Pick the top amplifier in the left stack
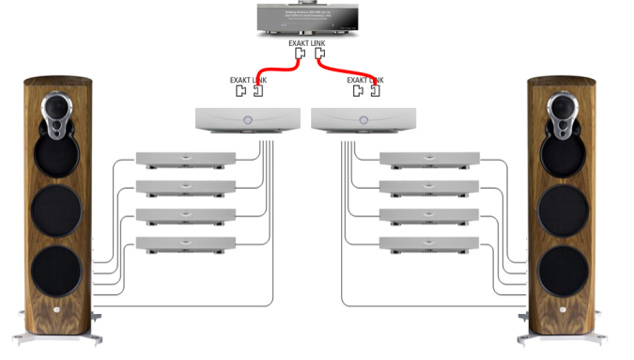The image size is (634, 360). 186,160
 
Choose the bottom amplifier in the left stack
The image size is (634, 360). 186,243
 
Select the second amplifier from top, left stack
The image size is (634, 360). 186,186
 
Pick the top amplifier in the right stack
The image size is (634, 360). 428,160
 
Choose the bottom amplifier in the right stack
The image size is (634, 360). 428,243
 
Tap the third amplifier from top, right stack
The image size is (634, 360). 428,214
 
